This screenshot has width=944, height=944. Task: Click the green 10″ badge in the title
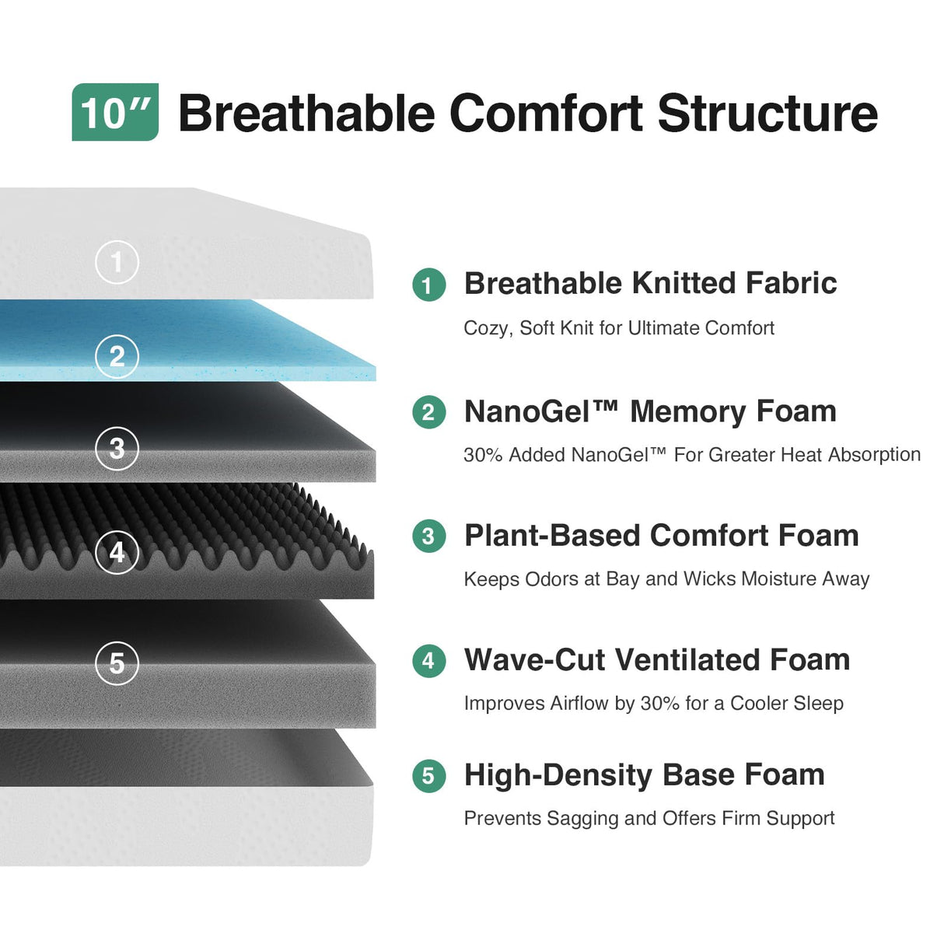click(x=115, y=112)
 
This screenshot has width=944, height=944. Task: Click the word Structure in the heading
click(x=767, y=114)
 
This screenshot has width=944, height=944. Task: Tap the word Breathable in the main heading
click(x=307, y=114)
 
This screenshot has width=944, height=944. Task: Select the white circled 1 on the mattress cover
click(x=117, y=262)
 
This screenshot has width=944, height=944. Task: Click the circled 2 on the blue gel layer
click(x=117, y=356)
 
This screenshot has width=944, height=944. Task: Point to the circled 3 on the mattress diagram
click(x=117, y=448)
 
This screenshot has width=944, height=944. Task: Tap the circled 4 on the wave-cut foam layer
click(x=117, y=552)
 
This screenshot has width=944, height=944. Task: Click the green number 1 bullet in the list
click(x=429, y=285)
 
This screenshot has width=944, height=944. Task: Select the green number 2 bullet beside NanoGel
click(x=429, y=412)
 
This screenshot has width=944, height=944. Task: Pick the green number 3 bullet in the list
click(x=429, y=536)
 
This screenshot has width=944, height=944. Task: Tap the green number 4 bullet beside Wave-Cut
click(x=429, y=660)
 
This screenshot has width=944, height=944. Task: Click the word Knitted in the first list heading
click(x=684, y=283)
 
